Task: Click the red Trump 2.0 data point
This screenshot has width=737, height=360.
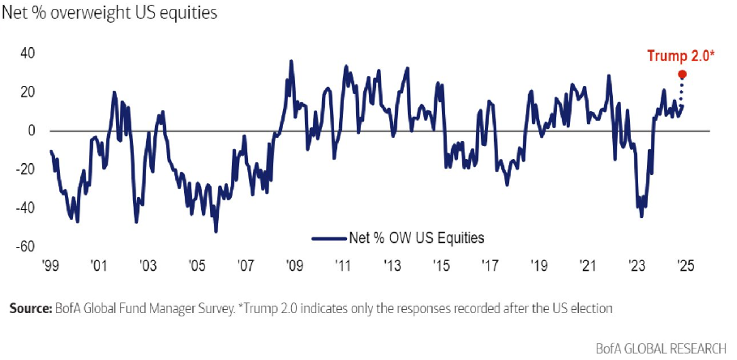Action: click(x=682, y=74)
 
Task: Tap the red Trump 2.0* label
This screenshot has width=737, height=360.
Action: click(x=680, y=56)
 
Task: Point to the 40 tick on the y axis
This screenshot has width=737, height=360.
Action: click(x=28, y=54)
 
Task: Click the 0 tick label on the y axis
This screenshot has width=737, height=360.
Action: click(x=32, y=131)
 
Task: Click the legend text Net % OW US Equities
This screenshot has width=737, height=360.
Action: click(x=416, y=238)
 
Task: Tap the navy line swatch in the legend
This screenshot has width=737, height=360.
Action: click(x=328, y=238)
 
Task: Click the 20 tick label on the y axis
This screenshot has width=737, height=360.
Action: click(x=28, y=92)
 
